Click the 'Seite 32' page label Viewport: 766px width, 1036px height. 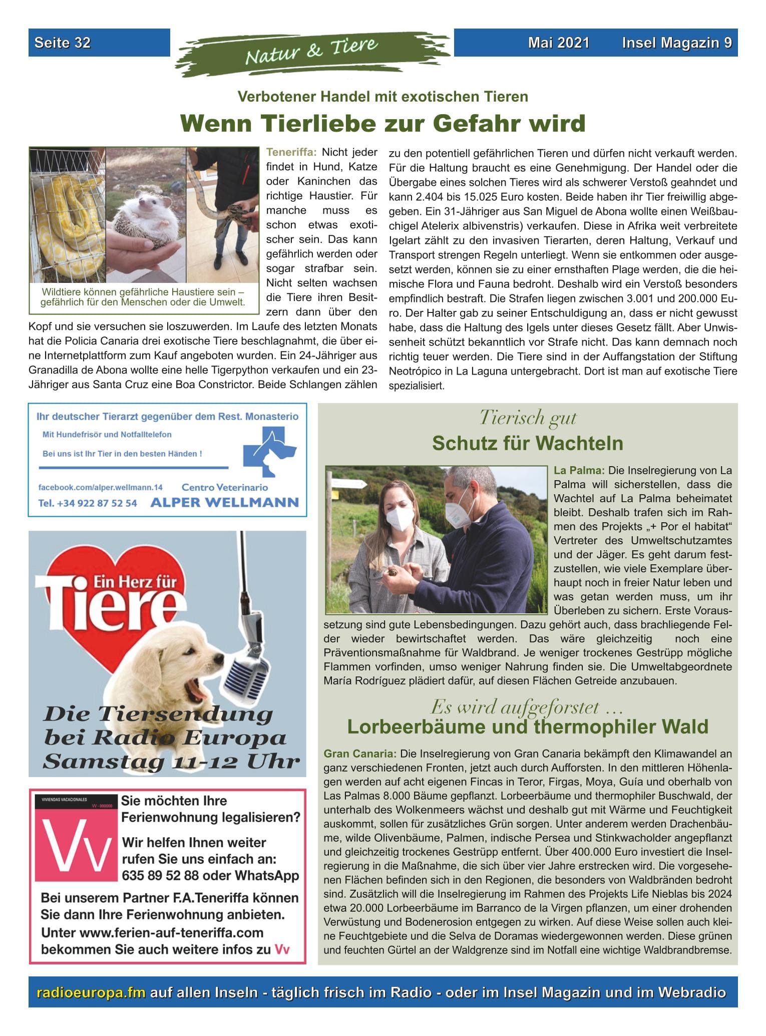pos(63,43)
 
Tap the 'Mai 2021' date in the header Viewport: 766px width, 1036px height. pos(558,43)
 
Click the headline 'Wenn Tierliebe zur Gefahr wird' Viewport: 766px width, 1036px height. pos(382,123)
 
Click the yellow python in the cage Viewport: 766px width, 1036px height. pos(65,225)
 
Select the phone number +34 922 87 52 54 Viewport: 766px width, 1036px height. pos(88,503)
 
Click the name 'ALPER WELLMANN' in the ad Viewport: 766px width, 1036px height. pos(224,502)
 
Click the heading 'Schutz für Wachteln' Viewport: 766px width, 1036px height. pos(528,443)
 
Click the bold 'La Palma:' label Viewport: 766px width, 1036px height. pos(579,471)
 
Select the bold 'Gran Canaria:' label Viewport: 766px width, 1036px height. pos(360,768)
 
